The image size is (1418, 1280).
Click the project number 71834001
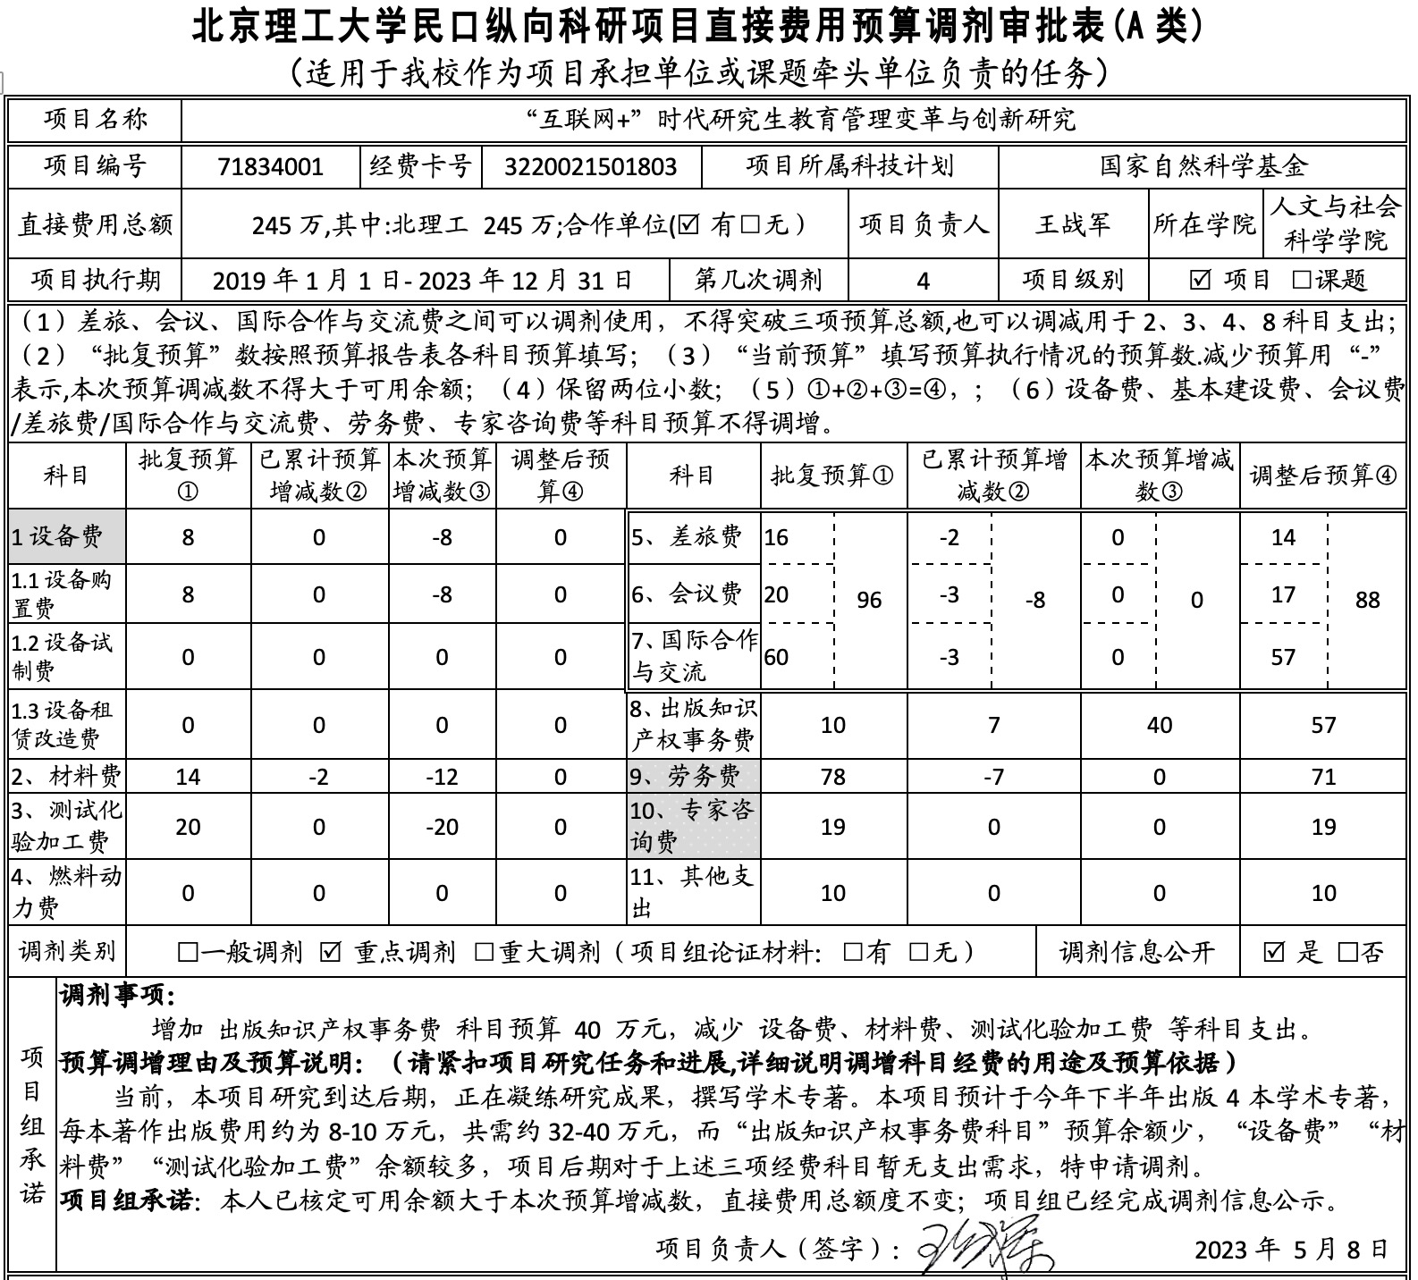[270, 167]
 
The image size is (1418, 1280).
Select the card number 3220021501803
[590, 167]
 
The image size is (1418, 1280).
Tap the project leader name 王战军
[1072, 223]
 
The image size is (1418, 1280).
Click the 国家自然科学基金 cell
[1203, 166]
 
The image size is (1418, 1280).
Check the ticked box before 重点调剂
[331, 953]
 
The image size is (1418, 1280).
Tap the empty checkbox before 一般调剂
[188, 953]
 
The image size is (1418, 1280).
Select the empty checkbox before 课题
[1303, 281]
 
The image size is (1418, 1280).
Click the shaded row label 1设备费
[58, 537]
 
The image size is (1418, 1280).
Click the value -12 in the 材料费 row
[442, 777]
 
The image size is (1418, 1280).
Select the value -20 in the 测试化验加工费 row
[442, 827]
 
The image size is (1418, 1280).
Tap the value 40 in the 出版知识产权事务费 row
[1159, 725]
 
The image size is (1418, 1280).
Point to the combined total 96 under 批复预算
[869, 600]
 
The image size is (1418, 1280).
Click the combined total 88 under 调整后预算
[1367, 600]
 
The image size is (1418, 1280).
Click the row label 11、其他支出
[691, 892]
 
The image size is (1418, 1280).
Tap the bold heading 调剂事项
[117, 996]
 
